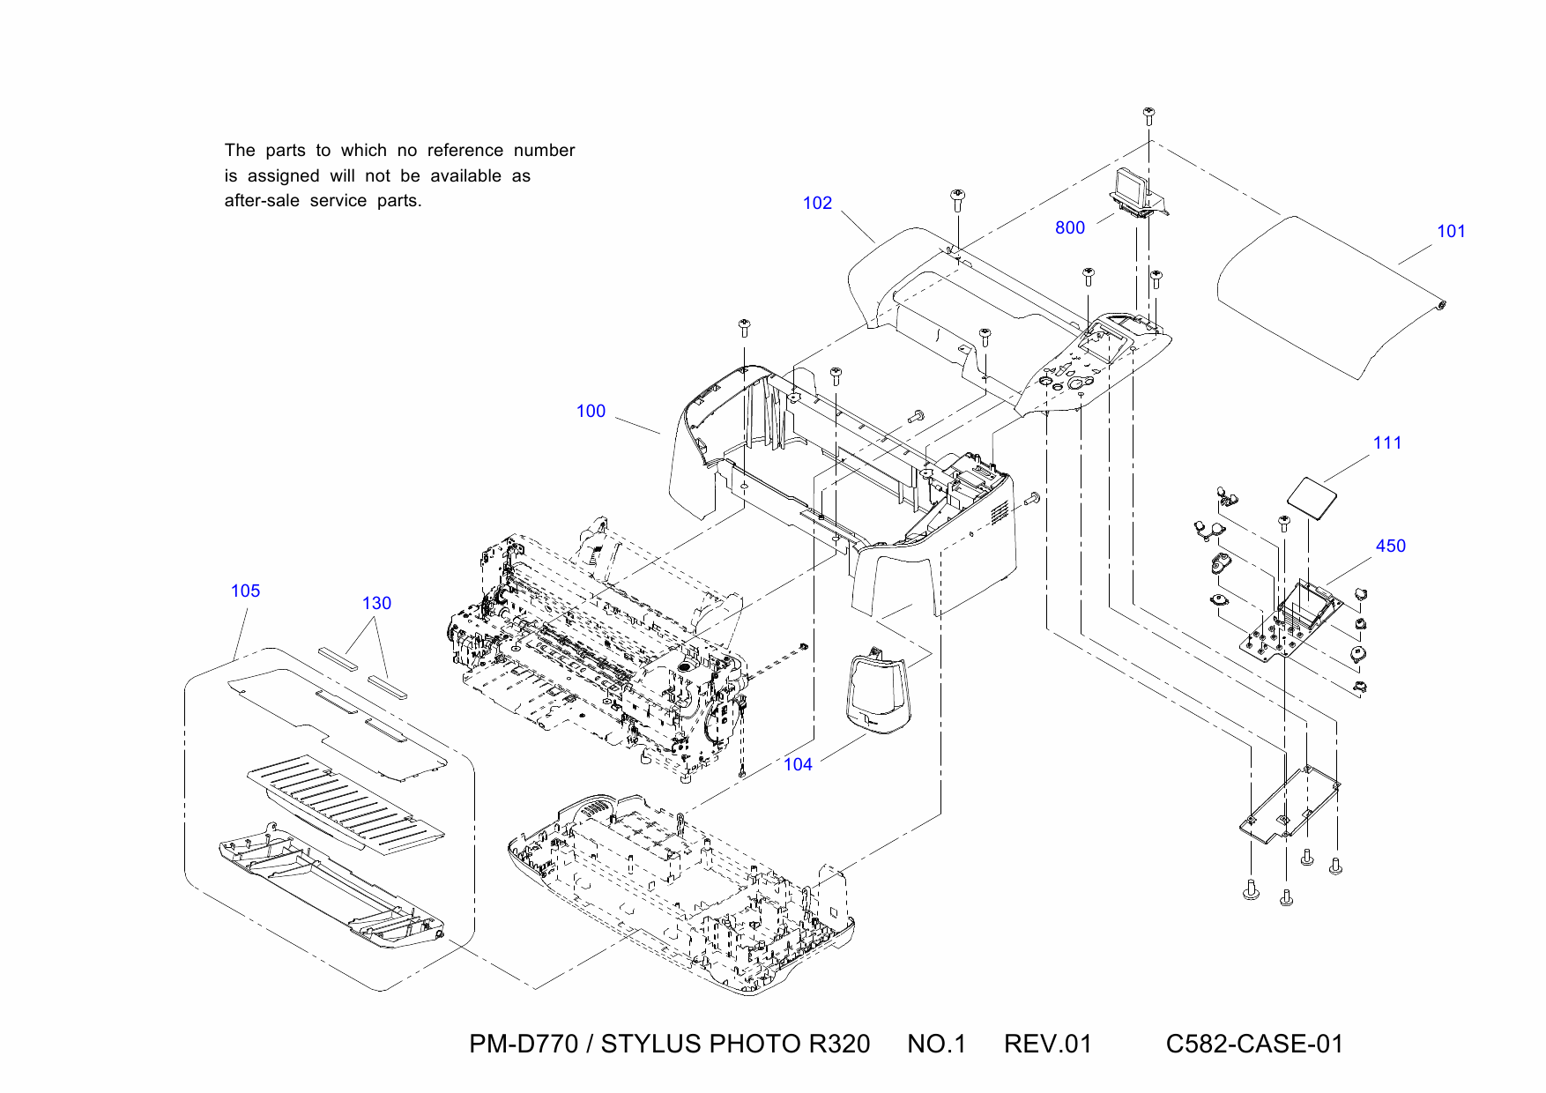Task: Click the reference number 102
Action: tap(817, 204)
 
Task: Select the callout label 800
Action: tap(1069, 228)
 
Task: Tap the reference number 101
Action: tap(1450, 232)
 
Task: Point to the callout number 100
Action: tap(591, 412)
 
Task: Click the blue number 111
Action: tap(1386, 443)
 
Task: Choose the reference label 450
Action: tap(1390, 546)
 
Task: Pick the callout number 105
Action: tap(245, 591)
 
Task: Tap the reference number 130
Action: tap(376, 604)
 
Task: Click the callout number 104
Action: tap(798, 765)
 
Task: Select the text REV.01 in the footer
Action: tap(1047, 1045)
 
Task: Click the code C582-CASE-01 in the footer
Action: tap(1253, 1045)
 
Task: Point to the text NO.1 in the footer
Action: tap(936, 1045)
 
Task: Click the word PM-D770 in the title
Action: tap(523, 1045)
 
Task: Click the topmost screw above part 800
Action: tap(1148, 115)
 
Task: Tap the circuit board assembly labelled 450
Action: tap(1291, 621)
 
